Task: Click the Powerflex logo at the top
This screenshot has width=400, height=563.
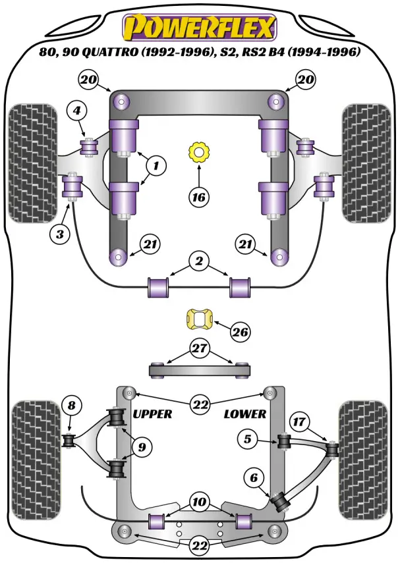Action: (x=199, y=28)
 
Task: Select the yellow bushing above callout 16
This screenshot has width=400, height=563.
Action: (x=198, y=153)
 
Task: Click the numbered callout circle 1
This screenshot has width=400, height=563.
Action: (x=156, y=167)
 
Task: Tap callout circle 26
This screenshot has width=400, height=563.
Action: (x=241, y=333)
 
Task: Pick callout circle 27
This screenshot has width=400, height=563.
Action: (x=199, y=348)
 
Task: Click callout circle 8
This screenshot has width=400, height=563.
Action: (x=71, y=406)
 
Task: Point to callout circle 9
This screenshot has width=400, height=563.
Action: (x=140, y=448)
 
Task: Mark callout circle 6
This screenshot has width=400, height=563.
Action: (x=252, y=479)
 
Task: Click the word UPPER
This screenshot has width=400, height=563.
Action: (x=152, y=414)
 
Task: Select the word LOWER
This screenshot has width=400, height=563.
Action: (x=245, y=414)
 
